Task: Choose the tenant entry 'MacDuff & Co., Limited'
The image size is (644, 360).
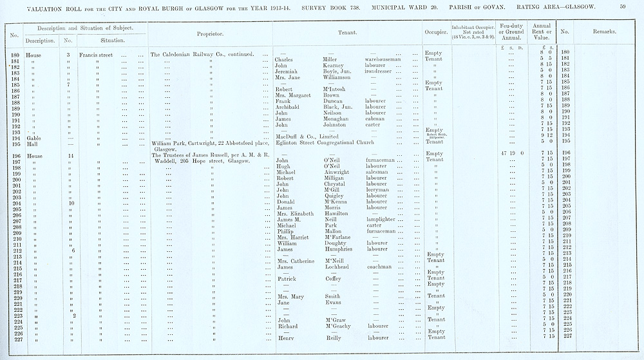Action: coord(308,137)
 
